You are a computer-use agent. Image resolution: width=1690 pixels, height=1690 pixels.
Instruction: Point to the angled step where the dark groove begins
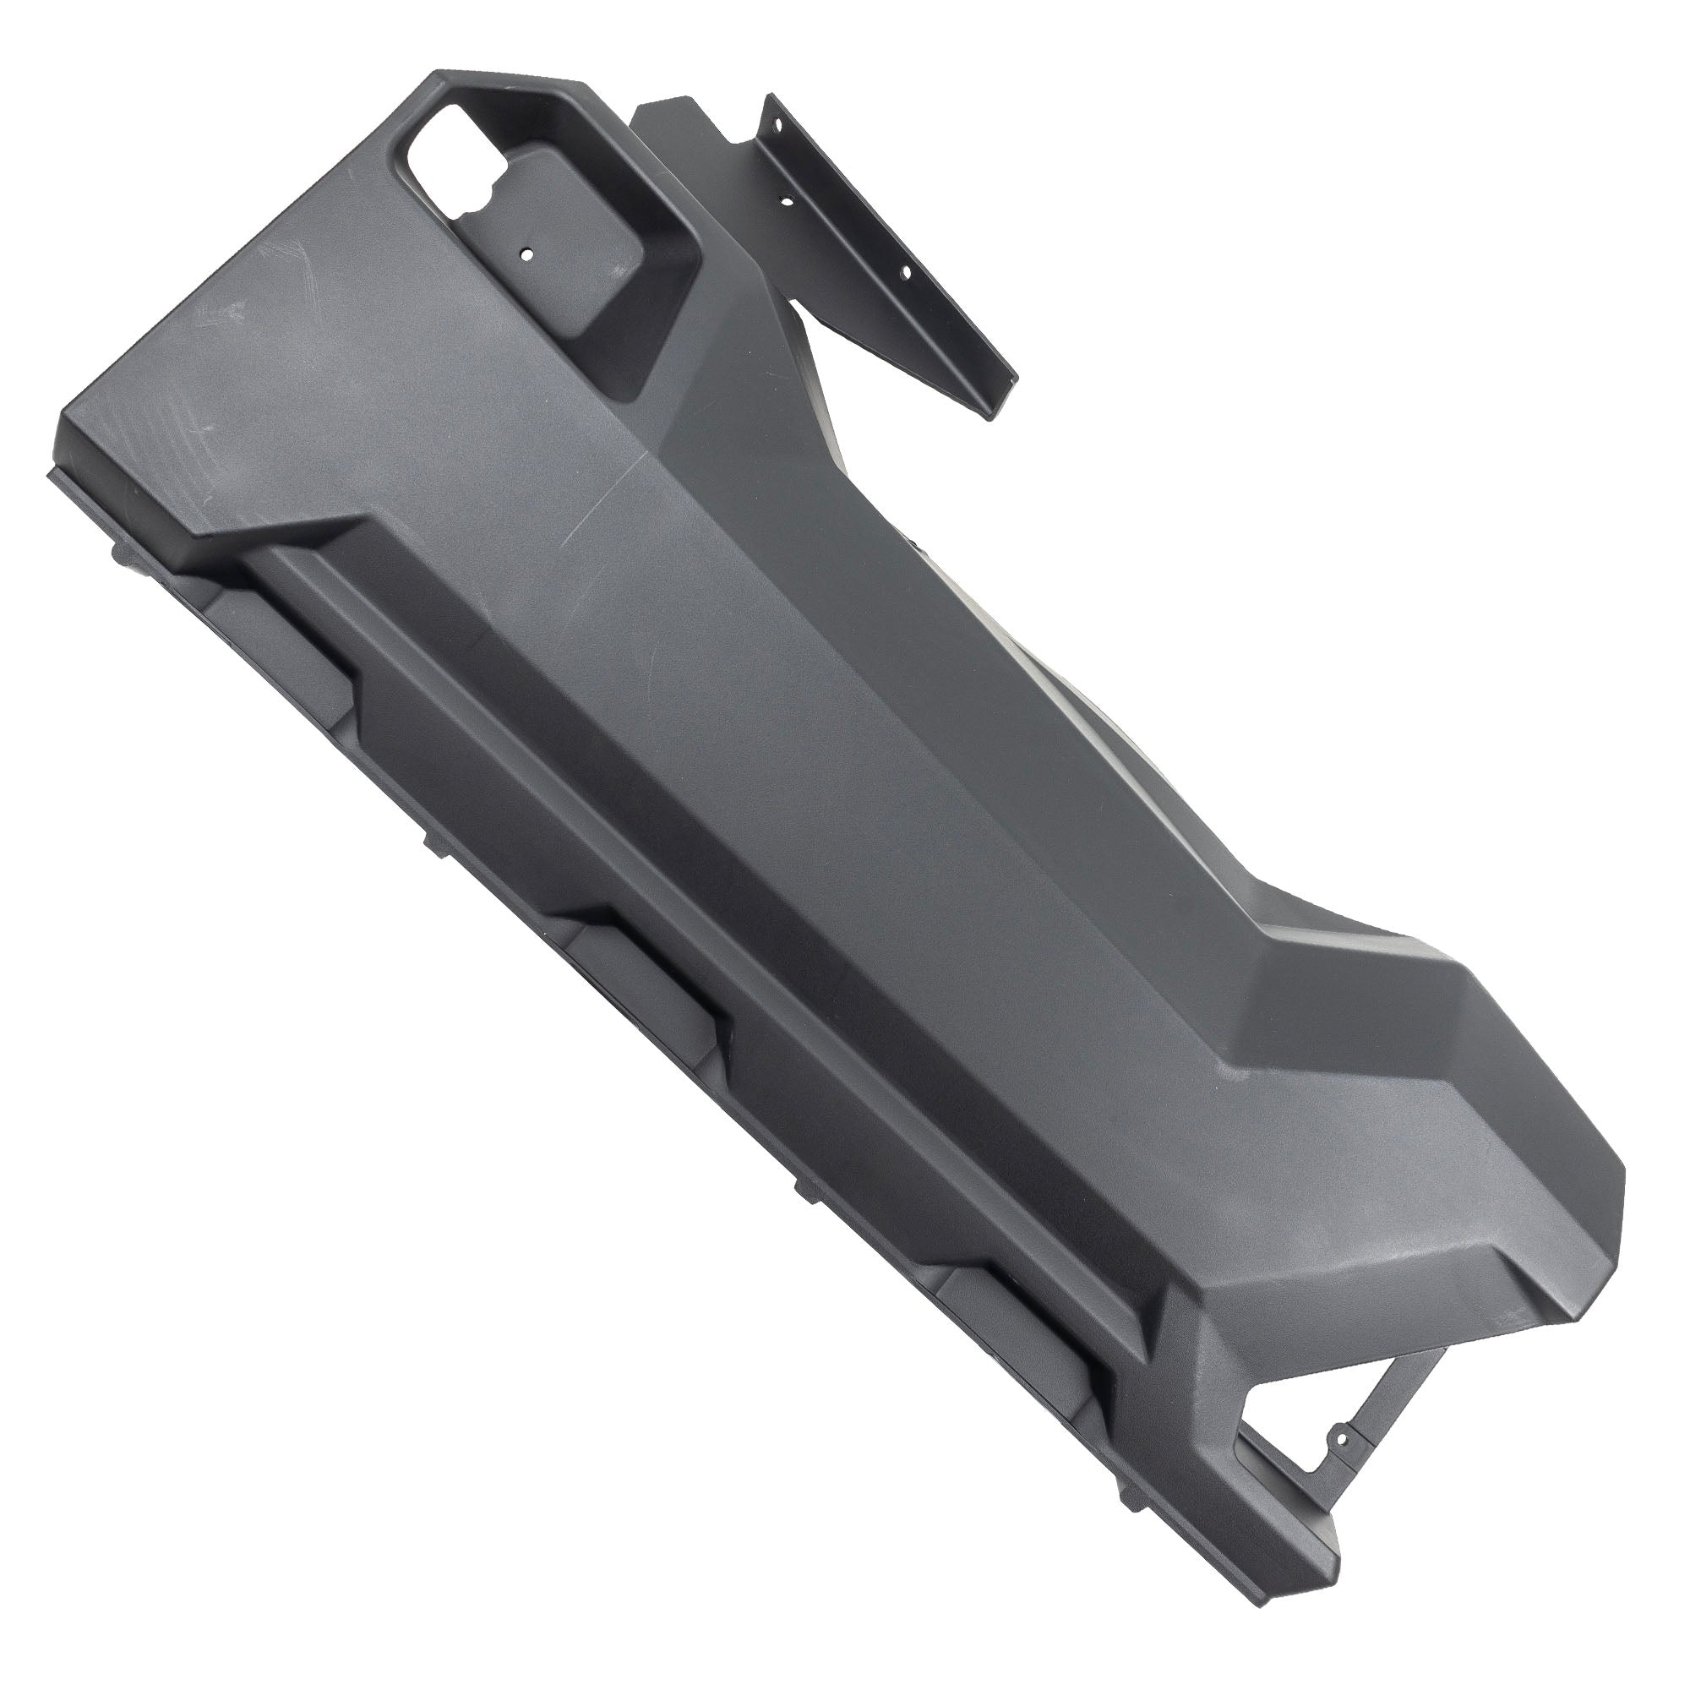[x=350, y=525]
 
